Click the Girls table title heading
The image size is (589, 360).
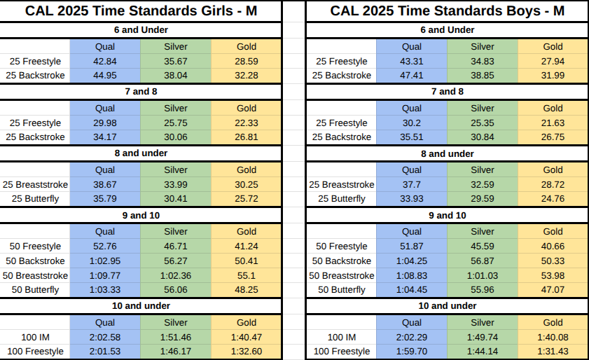(x=141, y=11)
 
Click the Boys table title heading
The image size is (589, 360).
(x=447, y=11)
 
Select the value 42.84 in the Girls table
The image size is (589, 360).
(x=105, y=61)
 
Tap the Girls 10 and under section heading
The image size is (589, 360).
(x=141, y=306)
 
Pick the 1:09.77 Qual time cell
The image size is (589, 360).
(x=105, y=275)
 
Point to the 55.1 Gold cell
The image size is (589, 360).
(x=247, y=275)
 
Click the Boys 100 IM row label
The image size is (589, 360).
(x=342, y=337)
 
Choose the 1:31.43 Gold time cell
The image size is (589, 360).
(x=553, y=352)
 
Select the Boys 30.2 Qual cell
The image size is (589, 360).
(x=411, y=123)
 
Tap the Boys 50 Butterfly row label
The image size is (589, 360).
(x=342, y=290)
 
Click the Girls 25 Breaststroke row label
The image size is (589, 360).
(x=35, y=184)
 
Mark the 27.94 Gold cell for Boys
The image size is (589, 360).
(x=553, y=61)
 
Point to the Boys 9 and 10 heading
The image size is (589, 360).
(x=448, y=215)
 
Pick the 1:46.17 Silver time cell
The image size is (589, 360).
(x=175, y=352)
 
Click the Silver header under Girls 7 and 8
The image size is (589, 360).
(x=175, y=109)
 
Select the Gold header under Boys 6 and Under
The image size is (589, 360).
(x=553, y=47)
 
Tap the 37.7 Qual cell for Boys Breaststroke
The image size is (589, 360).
(x=411, y=184)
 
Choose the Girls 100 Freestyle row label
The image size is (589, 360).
(x=35, y=352)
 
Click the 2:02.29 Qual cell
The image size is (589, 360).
(x=411, y=337)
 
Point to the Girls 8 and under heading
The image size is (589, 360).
(x=141, y=153)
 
